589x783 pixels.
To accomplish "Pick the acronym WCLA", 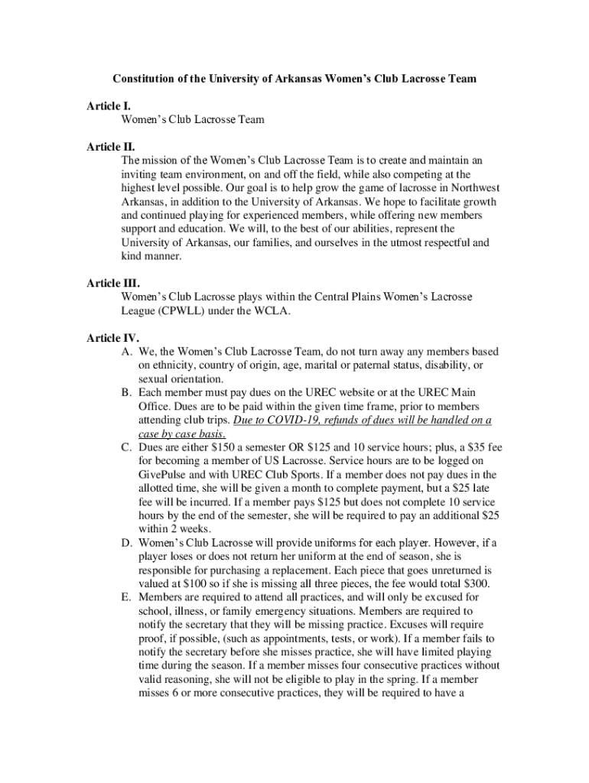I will pos(291,310).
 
